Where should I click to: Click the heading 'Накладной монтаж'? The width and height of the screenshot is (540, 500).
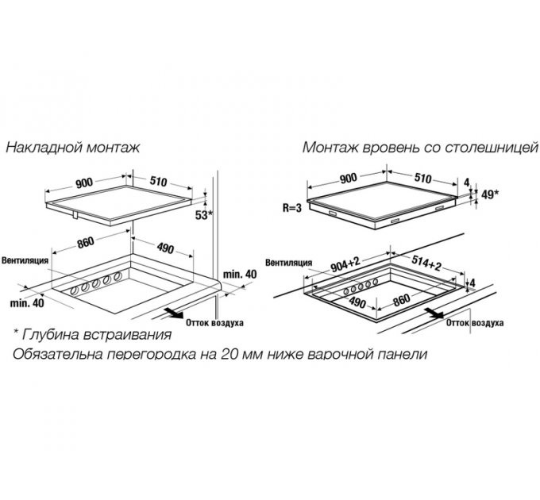click(x=73, y=148)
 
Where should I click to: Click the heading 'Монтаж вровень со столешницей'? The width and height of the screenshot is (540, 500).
click(x=421, y=148)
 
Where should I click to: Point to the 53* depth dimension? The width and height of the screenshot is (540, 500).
click(x=205, y=215)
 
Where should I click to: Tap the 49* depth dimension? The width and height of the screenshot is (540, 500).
click(x=489, y=194)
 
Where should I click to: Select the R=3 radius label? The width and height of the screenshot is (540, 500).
click(x=292, y=208)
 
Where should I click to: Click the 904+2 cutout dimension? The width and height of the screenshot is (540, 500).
click(x=345, y=264)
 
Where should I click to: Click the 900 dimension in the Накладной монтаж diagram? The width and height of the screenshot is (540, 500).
click(x=84, y=183)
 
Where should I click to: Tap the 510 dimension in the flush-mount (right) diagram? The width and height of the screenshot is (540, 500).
click(x=422, y=178)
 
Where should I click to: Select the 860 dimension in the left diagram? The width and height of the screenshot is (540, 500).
click(x=85, y=243)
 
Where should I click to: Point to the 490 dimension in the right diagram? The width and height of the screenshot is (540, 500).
click(x=357, y=303)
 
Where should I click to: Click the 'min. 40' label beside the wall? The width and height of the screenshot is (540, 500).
click(x=240, y=275)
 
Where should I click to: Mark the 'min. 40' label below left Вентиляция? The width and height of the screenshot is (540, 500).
click(x=27, y=303)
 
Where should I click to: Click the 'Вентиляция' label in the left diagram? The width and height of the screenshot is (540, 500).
click(x=25, y=260)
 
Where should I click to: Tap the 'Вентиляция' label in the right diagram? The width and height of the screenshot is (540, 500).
click(x=288, y=263)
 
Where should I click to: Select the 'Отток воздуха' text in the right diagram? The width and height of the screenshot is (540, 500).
click(x=475, y=323)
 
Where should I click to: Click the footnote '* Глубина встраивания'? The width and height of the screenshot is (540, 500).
click(x=92, y=334)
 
